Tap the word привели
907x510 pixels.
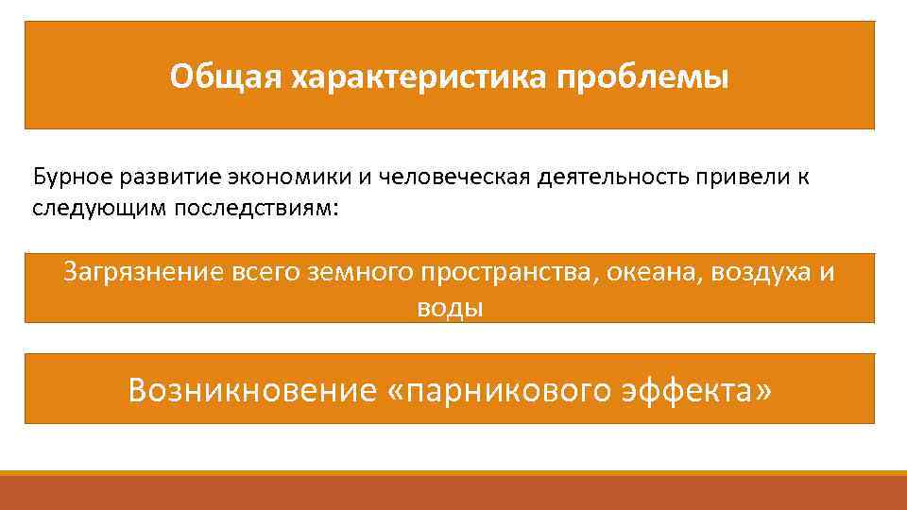tap(741, 177)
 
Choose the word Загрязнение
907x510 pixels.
tap(141, 273)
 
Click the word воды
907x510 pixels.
tap(450, 308)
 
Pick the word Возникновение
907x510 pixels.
tap(252, 389)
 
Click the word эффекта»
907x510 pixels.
tap(697, 389)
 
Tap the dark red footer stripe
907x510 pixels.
tap(453, 493)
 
